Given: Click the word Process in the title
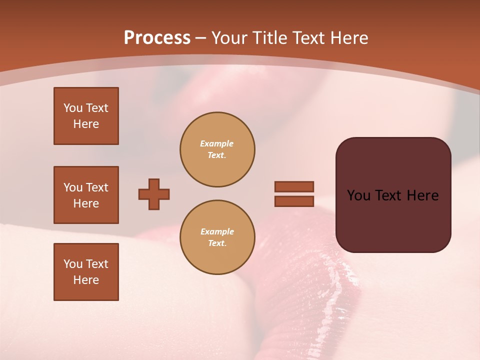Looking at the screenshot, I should (x=157, y=38).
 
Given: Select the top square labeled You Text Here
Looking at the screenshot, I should (x=86, y=116).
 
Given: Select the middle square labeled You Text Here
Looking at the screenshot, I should (x=86, y=195).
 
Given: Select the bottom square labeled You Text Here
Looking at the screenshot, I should (x=86, y=272).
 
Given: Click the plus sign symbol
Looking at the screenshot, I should (x=154, y=194).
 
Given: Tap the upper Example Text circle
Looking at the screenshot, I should (x=217, y=149).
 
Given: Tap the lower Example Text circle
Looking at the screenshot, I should (x=217, y=237).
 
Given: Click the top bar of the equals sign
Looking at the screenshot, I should (x=294, y=186).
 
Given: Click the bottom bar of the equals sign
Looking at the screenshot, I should (x=294, y=201).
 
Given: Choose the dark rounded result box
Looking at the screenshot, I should (x=393, y=195).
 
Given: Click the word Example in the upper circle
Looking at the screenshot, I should (x=217, y=143).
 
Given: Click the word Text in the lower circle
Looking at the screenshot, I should (x=217, y=243).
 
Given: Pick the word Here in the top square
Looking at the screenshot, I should (x=86, y=124).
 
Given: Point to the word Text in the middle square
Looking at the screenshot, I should (x=96, y=187).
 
